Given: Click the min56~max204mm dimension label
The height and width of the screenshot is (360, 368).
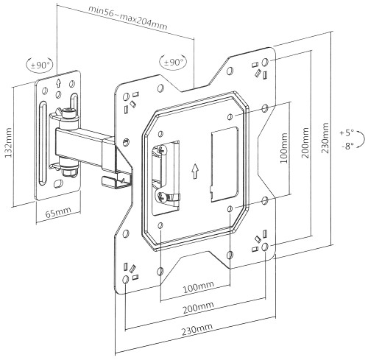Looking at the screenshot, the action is point(128,18).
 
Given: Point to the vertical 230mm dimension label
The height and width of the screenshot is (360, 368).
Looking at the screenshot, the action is point(325,138).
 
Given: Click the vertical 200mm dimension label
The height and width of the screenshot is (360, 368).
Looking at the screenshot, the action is point(305,143).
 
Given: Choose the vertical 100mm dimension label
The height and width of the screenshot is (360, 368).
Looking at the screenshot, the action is point(283,148).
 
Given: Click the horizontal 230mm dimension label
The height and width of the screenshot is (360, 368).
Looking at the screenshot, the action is point(197,329).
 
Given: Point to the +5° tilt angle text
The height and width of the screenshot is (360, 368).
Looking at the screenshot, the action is point(347,133).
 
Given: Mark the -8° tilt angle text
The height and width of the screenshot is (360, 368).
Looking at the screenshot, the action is point(347,147).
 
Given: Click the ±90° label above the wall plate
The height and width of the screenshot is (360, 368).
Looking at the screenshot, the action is point(40,66).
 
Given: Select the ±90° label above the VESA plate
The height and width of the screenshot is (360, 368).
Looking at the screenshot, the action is point(174,63).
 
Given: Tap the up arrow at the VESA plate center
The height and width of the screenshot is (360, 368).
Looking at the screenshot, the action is point(195,172).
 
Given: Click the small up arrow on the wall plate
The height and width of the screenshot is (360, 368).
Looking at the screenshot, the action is point(58,83).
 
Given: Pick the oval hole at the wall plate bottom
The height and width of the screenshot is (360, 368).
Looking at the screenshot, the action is point(58,183).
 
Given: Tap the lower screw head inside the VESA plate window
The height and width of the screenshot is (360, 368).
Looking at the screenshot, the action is point(163,197).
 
